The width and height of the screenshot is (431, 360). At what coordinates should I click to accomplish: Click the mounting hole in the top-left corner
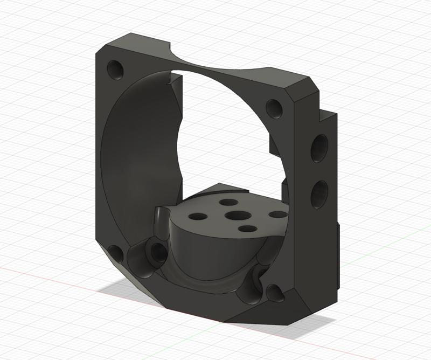tap(115, 68)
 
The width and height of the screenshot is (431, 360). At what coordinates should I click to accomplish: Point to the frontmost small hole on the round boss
tap(247, 230)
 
